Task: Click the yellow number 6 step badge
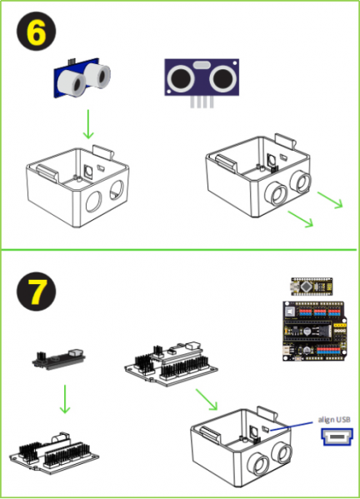pyautogui.click(x=37, y=31)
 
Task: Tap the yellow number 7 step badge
pyautogui.click(x=37, y=292)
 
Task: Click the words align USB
pyautogui.click(x=334, y=420)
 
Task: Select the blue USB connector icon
pyautogui.click(x=337, y=437)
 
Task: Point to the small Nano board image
pyautogui.click(x=312, y=286)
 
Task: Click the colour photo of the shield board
pyautogui.click(x=314, y=331)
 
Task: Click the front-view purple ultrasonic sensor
pyautogui.click(x=202, y=77)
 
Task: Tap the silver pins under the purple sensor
pyautogui.click(x=202, y=102)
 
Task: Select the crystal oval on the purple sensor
pyautogui.click(x=202, y=65)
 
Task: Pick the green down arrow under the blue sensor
pyautogui.click(x=88, y=124)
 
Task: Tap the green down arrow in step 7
pyautogui.click(x=65, y=399)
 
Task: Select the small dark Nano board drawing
pyautogui.click(x=59, y=359)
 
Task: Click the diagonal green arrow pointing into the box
pyautogui.click(x=207, y=399)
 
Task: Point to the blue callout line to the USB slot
pyautogui.click(x=291, y=427)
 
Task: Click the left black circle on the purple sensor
pyautogui.click(x=181, y=77)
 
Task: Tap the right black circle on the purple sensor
pyautogui.click(x=223, y=77)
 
